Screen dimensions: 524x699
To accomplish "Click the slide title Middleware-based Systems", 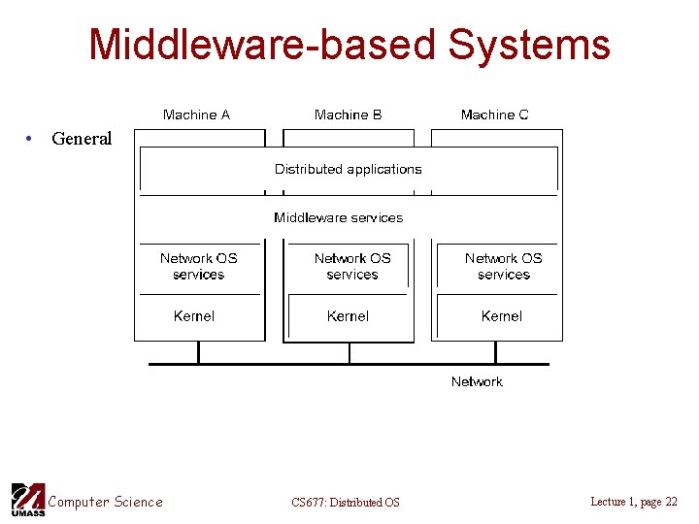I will click(x=349, y=45).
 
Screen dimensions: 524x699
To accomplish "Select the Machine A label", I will click(x=196, y=115).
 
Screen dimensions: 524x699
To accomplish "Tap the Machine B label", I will click(x=348, y=115).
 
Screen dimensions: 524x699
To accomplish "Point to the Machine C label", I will click(x=494, y=115).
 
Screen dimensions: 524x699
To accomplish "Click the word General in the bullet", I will click(x=82, y=139).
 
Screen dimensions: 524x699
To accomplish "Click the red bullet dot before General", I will click(x=31, y=138).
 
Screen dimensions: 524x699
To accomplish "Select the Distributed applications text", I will click(x=348, y=169).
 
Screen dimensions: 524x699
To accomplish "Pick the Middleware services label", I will click(x=338, y=217).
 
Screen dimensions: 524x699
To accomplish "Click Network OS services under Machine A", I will click(x=198, y=266).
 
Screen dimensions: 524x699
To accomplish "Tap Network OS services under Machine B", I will click(x=351, y=266).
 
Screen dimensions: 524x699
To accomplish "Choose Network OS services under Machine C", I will click(x=503, y=266).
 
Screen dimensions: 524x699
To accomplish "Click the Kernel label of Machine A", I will click(x=194, y=316).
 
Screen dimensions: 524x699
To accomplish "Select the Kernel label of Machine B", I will click(x=348, y=316).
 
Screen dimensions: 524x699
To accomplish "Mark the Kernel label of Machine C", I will click(x=501, y=316).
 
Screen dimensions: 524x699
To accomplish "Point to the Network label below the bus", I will click(x=477, y=381).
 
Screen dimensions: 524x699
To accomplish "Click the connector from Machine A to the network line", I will click(x=198, y=352).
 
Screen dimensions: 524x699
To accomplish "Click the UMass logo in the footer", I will click(x=27, y=500).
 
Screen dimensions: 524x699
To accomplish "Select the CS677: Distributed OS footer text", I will click(x=345, y=502).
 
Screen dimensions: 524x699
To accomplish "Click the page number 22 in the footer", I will click(x=671, y=502).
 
